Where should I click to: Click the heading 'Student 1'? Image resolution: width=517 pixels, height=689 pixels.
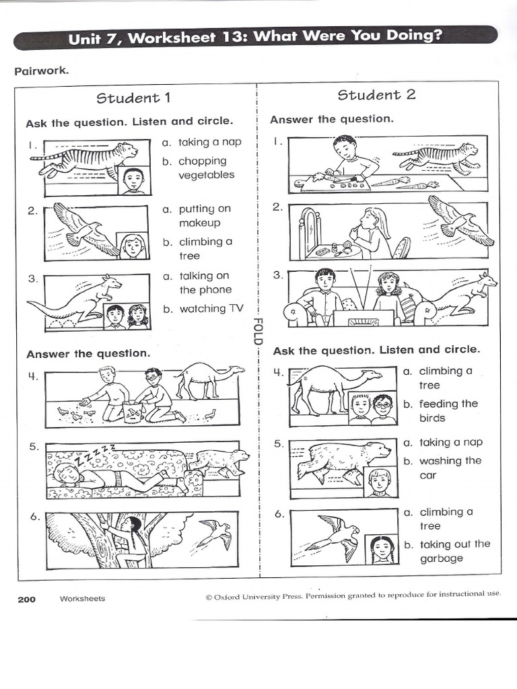pos(133,98)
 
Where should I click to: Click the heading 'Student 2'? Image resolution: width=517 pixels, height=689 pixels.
pos(376,95)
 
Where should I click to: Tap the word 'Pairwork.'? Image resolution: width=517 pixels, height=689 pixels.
pos(41,71)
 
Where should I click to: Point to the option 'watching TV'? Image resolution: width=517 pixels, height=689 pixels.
pos(203,309)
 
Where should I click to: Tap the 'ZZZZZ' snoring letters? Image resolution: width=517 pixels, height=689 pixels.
pos(94,453)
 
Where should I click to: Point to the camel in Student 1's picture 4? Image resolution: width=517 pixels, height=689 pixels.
pos(209,379)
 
